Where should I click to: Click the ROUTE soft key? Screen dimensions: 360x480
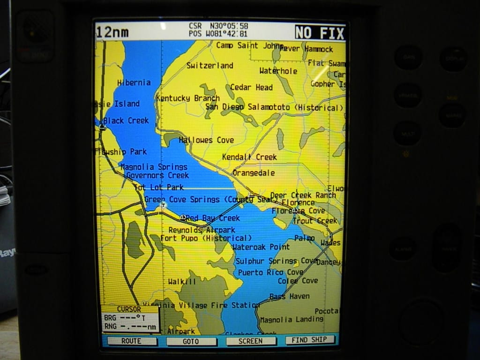131,341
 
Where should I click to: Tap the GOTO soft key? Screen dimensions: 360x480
191,341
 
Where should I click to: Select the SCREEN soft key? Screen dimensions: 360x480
251,341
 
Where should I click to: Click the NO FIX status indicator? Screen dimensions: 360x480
320,33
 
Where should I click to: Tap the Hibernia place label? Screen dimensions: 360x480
134,82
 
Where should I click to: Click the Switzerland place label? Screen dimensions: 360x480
210,66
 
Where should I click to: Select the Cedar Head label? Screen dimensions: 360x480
251,87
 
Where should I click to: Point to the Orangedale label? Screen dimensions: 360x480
254,173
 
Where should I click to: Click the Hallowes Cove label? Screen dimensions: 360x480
206,140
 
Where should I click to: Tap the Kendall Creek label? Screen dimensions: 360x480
249,157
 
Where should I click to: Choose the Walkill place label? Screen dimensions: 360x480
182,281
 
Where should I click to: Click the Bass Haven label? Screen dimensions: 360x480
289,296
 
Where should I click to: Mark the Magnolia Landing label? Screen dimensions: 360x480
292,319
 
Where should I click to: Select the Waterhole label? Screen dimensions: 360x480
278,71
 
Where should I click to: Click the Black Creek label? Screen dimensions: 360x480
126,120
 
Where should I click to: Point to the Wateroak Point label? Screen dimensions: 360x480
261,247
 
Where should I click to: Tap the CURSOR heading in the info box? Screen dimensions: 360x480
129,309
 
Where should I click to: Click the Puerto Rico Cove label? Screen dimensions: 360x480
270,272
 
